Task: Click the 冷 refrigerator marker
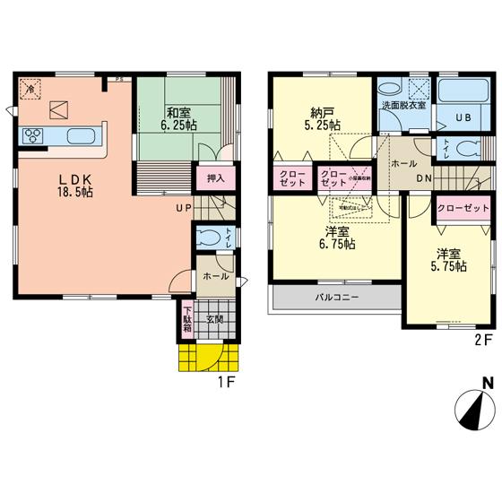pyautogui.click(x=30, y=90)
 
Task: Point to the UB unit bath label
pyautogui.click(x=465, y=117)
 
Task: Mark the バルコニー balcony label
pyautogui.click(x=336, y=296)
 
